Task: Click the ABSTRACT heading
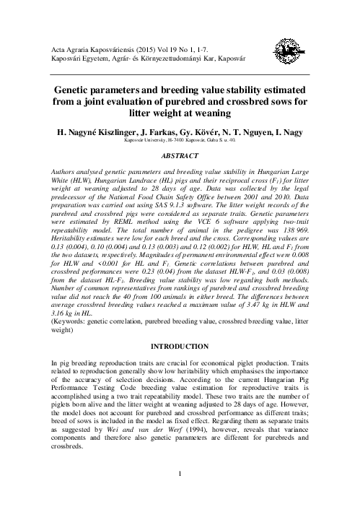pyautogui.click(x=180, y=155)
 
